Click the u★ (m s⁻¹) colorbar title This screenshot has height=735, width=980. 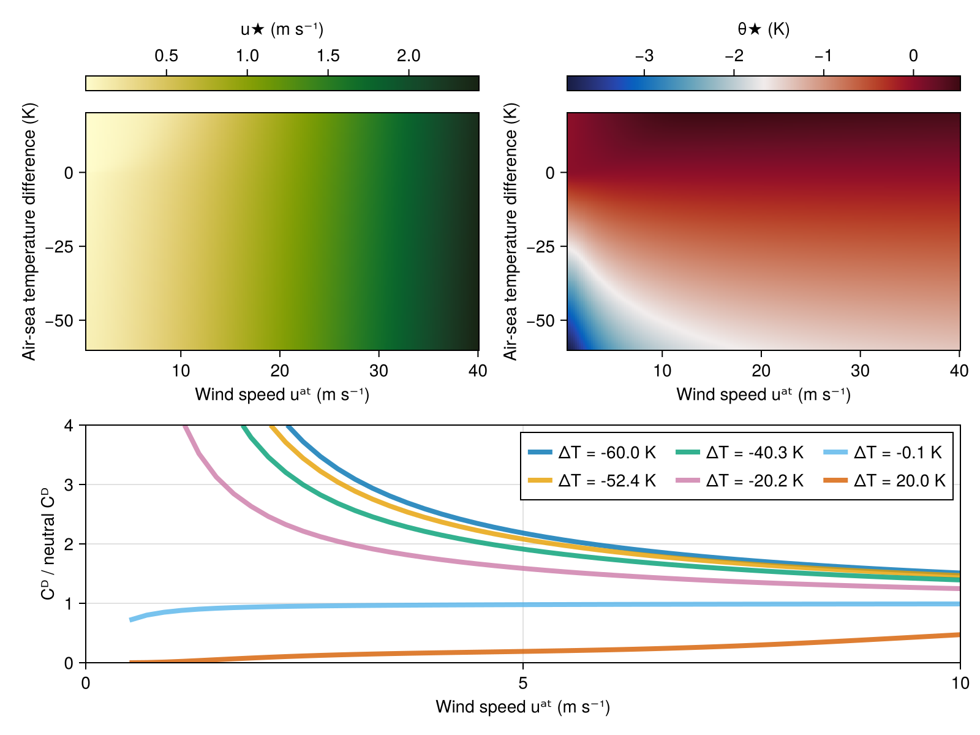[282, 29]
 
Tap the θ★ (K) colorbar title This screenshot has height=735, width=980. [763, 29]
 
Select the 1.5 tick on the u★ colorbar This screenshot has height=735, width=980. [328, 56]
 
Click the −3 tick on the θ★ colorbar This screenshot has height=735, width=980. [644, 56]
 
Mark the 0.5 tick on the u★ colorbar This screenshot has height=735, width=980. [167, 56]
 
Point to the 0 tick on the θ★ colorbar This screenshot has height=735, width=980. [913, 56]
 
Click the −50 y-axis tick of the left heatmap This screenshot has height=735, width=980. [64, 321]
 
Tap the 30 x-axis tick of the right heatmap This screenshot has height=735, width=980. [861, 371]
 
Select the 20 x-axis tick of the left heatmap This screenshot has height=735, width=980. [280, 371]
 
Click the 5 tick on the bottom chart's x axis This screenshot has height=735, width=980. [522, 683]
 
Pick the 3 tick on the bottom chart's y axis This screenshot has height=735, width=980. [68, 484]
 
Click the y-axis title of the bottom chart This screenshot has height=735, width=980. [48, 544]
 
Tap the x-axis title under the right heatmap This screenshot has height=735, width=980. [763, 395]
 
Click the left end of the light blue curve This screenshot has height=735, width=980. [131, 620]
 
